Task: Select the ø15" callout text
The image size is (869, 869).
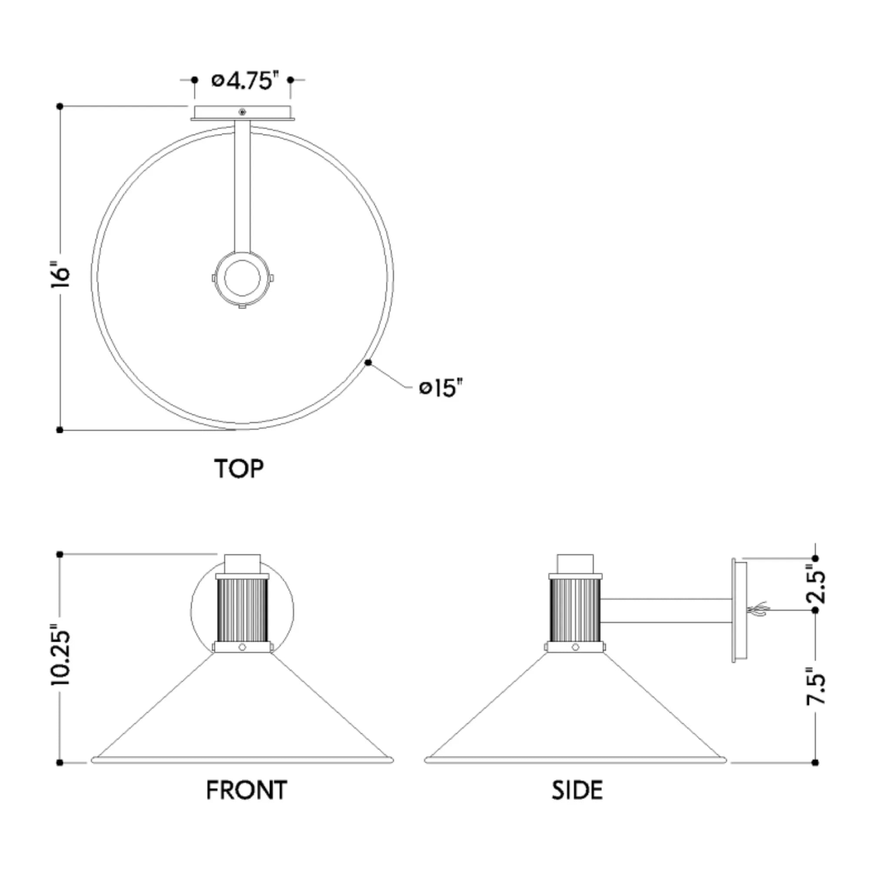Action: [441, 387]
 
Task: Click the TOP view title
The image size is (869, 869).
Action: [239, 469]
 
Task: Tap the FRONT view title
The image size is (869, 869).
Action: [246, 791]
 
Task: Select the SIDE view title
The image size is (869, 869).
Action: [577, 791]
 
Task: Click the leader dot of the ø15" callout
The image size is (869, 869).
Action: [368, 362]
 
